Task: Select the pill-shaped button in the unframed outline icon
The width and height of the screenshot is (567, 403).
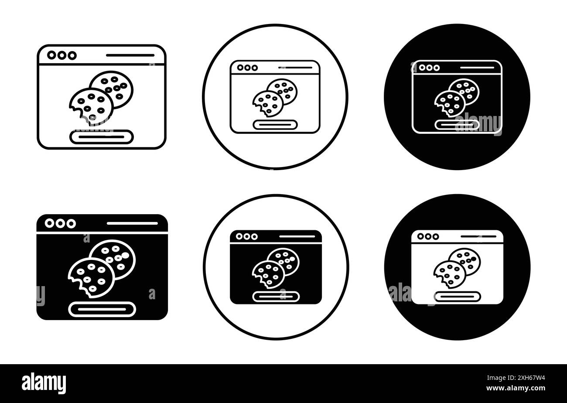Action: click(x=102, y=137)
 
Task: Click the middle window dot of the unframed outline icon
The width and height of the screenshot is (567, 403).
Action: click(x=62, y=55)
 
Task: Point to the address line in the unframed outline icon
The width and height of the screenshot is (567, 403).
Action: click(x=130, y=55)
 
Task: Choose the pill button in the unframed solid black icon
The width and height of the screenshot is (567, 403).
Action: click(x=102, y=309)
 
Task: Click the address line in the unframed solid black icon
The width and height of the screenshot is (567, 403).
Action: click(x=132, y=223)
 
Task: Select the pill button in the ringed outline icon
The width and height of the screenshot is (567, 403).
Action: click(x=275, y=125)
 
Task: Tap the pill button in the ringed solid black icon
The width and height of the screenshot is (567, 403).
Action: click(x=276, y=297)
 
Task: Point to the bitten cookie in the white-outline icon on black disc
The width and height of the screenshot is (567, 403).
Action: click(x=450, y=104)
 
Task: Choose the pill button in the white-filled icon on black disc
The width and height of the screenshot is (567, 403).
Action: click(x=458, y=297)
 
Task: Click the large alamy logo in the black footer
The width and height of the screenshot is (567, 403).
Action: click(x=44, y=383)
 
